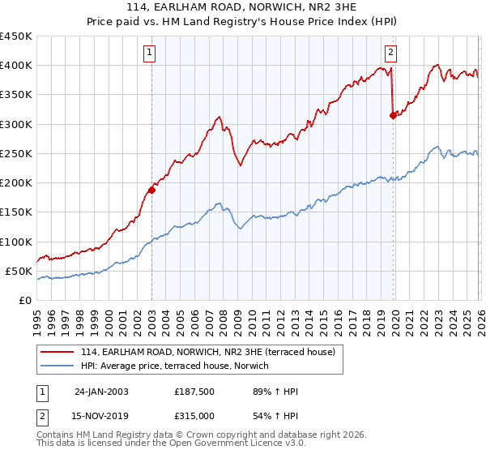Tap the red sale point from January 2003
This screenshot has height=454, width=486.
(x=151, y=191)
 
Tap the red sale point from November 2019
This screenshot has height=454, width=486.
(x=393, y=115)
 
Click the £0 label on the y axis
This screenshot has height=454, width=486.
(x=24, y=300)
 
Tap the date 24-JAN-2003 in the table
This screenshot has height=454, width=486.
(x=101, y=392)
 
